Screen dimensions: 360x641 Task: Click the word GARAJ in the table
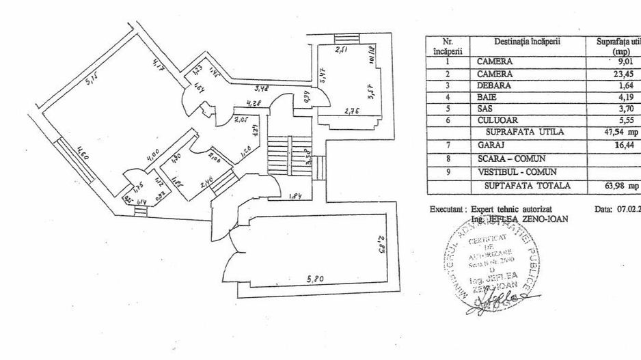(x=490, y=146)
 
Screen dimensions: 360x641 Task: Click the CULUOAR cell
(x=496, y=120)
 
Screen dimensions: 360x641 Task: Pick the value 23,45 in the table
(x=621, y=73)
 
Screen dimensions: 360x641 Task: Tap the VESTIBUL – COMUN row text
(x=516, y=171)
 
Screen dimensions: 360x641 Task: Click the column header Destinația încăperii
(x=526, y=41)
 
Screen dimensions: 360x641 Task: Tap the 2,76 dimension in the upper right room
(x=352, y=111)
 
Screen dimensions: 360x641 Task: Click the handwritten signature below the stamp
(x=495, y=301)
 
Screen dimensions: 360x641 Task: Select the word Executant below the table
(x=448, y=209)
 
